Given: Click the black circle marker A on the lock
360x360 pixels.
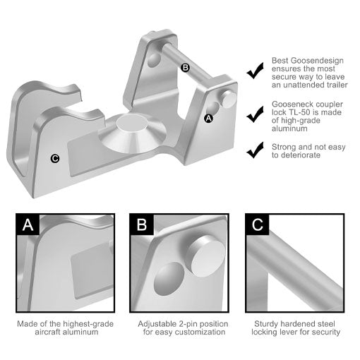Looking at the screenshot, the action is pyautogui.click(x=208, y=119).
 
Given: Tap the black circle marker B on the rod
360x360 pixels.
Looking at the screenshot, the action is pyautogui.click(x=186, y=68).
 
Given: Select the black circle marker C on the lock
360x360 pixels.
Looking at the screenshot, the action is pyautogui.click(x=55, y=158).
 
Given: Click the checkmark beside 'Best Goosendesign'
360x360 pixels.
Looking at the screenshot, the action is pyautogui.click(x=255, y=71).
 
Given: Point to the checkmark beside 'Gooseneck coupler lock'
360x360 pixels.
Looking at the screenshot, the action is pyautogui.click(x=255, y=114).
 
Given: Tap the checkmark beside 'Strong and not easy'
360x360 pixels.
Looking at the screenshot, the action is pyautogui.click(x=255, y=150).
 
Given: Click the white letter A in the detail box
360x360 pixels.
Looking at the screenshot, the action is pyautogui.click(x=28, y=224).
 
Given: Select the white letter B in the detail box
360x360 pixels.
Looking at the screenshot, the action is pyautogui.click(x=142, y=224).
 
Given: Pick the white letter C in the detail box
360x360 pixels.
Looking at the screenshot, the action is pyautogui.click(x=258, y=224).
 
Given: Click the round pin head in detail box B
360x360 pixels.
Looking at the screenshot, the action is pyautogui.click(x=207, y=256).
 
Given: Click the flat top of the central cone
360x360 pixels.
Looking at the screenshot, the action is pyautogui.click(x=133, y=123).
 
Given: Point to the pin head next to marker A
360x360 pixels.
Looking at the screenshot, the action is pyautogui.click(x=229, y=100).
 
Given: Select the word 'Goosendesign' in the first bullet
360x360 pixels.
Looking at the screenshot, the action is pyautogui.click(x=318, y=61).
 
